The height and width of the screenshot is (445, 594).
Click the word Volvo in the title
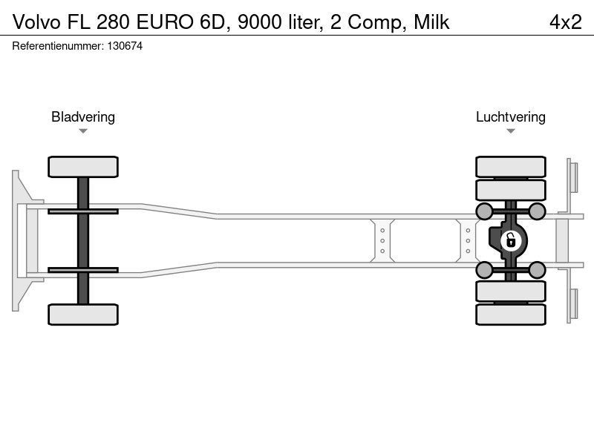(36, 22)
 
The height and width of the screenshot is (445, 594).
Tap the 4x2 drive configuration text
(566, 22)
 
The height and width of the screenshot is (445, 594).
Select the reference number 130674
(125, 46)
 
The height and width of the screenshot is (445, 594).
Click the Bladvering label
(83, 116)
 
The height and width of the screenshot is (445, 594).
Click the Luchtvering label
(511, 116)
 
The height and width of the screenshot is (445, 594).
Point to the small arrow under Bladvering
(83, 131)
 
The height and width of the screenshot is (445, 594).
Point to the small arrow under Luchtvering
(511, 131)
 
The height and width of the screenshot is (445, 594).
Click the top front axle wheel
(83, 166)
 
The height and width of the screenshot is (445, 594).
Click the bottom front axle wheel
(83, 314)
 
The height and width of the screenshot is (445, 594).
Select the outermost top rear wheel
(511, 166)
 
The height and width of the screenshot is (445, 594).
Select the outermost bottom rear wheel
(511, 314)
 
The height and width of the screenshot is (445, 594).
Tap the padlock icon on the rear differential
(511, 240)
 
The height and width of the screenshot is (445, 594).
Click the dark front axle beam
(83, 240)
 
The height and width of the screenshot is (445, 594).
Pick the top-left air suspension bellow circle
(484, 211)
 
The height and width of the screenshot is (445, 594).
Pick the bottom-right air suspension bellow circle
(537, 270)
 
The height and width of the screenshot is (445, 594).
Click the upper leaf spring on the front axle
(83, 211)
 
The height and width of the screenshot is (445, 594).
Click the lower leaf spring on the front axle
(83, 270)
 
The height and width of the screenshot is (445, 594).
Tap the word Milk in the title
(431, 22)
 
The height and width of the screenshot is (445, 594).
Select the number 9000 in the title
(260, 22)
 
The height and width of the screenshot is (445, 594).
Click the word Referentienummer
(58, 46)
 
